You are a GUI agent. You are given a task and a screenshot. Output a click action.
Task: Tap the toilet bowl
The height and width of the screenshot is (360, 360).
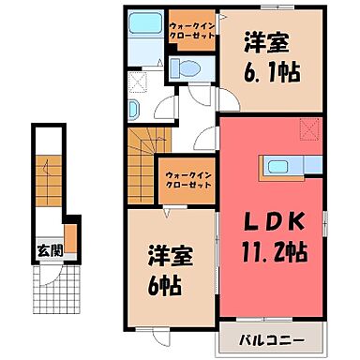point(184,67)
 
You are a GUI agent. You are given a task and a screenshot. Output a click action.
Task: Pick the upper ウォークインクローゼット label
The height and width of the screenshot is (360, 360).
point(191,26)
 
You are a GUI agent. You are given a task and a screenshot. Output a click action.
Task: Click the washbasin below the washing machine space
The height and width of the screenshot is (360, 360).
point(134,110)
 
